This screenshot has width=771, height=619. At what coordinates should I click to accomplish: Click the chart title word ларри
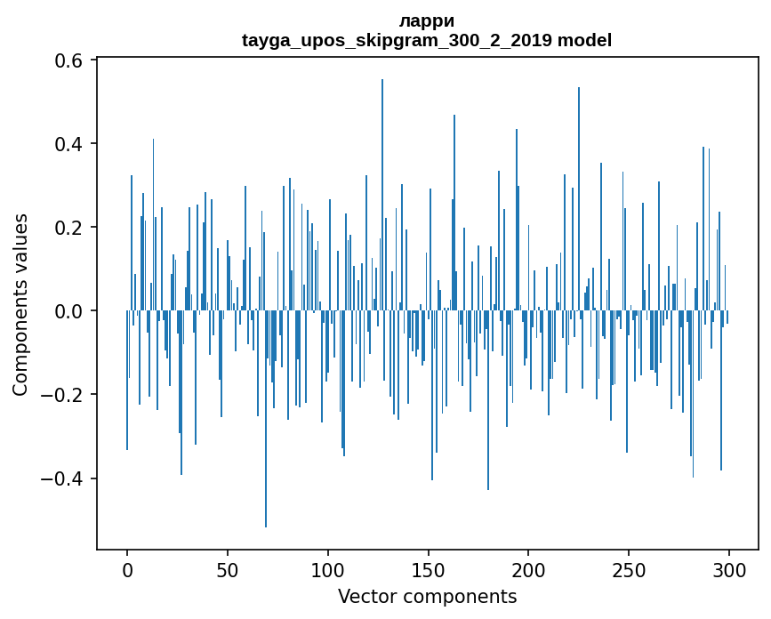tap(427, 21)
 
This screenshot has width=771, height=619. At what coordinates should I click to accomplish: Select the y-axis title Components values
tap(20, 304)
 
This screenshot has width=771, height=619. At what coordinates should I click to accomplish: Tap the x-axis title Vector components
tap(427, 596)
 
